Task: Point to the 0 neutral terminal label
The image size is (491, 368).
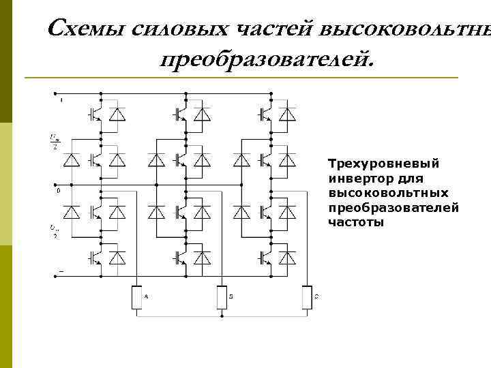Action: pyautogui.click(x=59, y=191)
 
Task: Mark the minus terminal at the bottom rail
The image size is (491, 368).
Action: pyautogui.click(x=61, y=271)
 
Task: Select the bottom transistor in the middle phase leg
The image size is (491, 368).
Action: pyautogui.click(x=179, y=258)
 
